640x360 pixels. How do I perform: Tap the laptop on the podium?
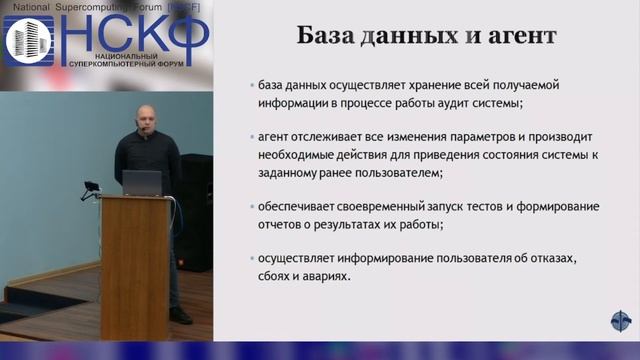tap(142, 182)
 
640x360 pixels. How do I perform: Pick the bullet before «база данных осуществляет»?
tap(251, 85)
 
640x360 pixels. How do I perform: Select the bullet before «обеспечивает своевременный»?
tap(251, 207)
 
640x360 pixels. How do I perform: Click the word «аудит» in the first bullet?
tap(444, 103)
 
